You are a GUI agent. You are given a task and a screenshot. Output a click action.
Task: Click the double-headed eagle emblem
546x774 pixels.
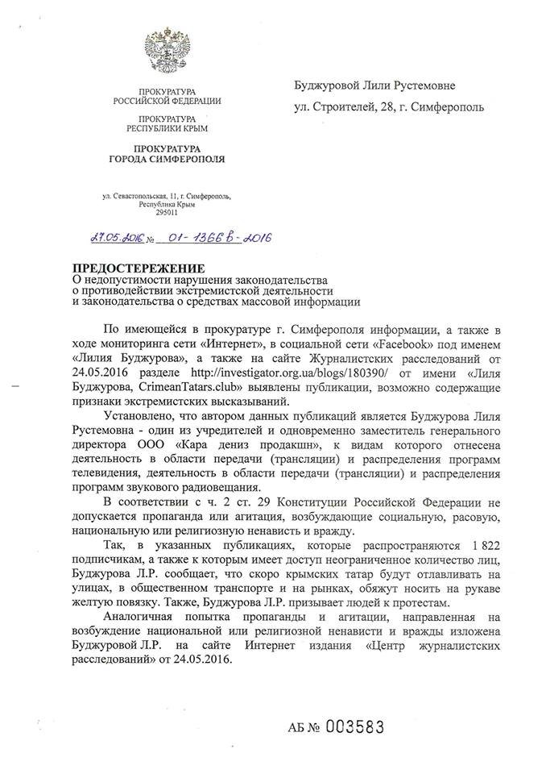click(166, 50)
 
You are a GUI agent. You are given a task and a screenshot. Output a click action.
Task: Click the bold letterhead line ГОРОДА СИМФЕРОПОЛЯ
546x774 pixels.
click(168, 157)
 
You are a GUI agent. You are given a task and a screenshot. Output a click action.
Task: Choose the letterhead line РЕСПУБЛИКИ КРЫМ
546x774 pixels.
click(168, 128)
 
